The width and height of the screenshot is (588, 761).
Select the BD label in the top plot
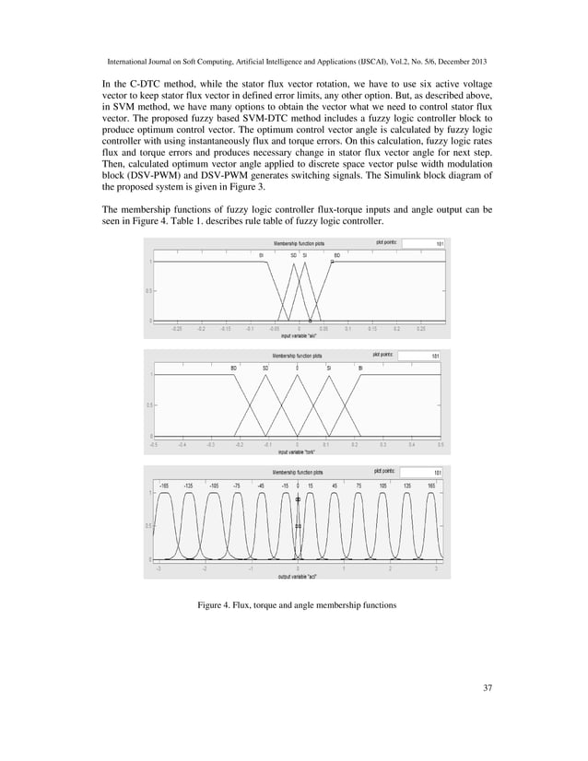337,254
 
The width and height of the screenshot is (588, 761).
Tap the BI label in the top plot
262,254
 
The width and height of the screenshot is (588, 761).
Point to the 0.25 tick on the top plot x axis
420,327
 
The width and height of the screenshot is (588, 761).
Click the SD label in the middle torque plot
265,368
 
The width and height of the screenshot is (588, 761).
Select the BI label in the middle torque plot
360,368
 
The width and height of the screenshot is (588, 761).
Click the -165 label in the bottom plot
164,484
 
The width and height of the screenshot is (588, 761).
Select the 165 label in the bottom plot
430,484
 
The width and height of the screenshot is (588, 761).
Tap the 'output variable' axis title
298,578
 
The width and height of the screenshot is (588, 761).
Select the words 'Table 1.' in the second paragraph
257,228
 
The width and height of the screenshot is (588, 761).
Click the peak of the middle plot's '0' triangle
297,374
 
